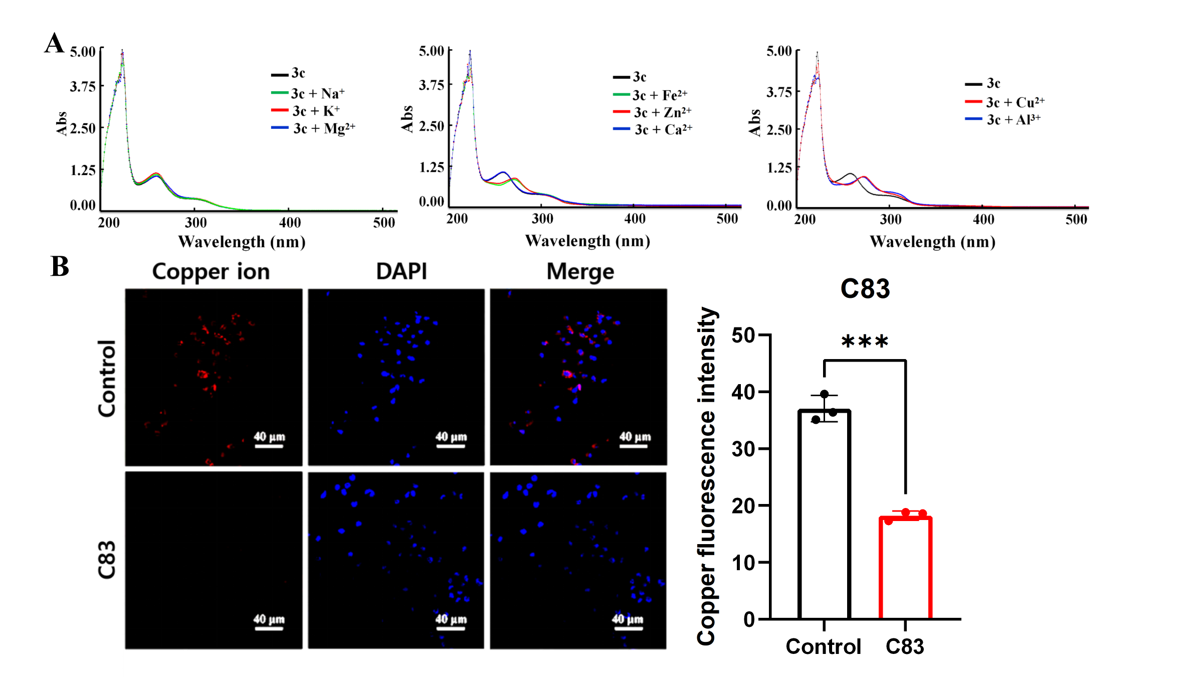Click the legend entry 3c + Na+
(x=308, y=93)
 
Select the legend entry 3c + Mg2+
(x=313, y=128)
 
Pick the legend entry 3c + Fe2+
(x=650, y=95)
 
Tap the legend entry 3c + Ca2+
(x=653, y=129)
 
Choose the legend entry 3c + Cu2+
(x=1005, y=102)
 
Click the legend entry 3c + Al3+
(x=1003, y=119)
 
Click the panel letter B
(x=60, y=266)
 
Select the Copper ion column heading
(x=211, y=271)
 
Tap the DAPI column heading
(x=402, y=271)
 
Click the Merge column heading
(x=580, y=272)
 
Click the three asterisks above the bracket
(x=865, y=342)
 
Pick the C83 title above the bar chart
(x=865, y=288)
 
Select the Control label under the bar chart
(x=824, y=646)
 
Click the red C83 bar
(x=905, y=568)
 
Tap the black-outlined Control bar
(x=824, y=514)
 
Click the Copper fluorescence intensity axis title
(x=707, y=476)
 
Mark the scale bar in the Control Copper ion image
(x=269, y=446)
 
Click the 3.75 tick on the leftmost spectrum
(x=83, y=86)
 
